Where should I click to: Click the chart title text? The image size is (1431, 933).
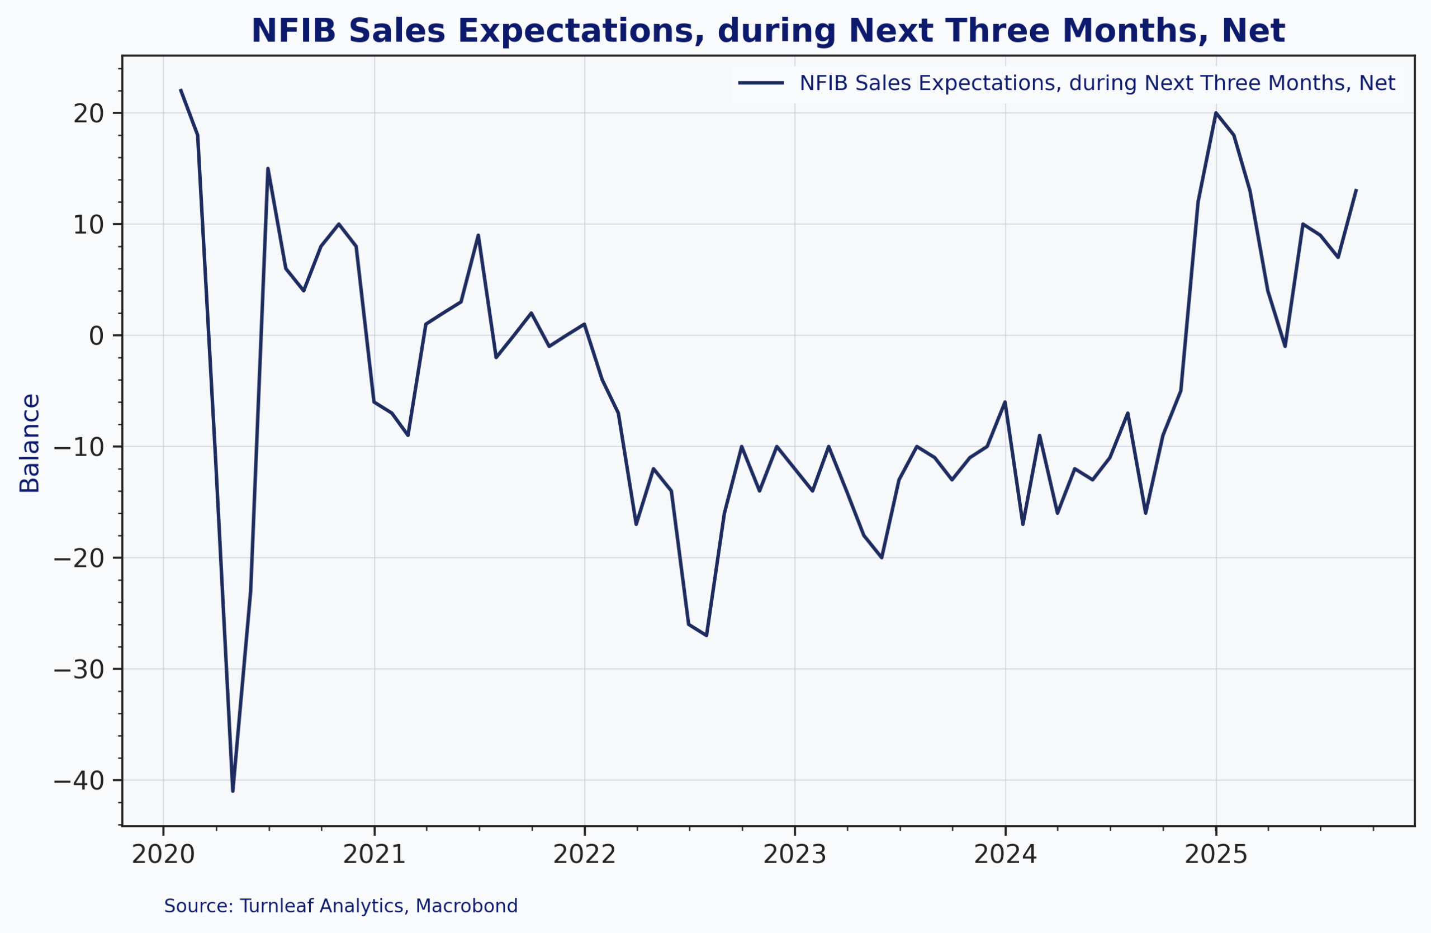(768, 31)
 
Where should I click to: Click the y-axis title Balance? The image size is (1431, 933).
(30, 443)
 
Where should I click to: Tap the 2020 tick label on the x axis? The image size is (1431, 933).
(163, 855)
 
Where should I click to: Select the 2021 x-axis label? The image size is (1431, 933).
(374, 855)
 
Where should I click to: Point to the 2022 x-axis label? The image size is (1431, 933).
(585, 855)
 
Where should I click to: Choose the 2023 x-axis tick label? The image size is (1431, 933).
(795, 855)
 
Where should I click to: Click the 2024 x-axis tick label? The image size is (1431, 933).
(1005, 855)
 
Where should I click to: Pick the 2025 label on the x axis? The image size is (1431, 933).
(1216, 855)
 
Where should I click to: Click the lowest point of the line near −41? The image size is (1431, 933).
(233, 791)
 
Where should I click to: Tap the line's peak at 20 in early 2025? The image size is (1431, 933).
(1216, 113)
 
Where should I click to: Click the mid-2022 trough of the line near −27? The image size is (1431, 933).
(707, 636)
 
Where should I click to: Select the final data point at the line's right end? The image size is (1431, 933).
(1356, 190)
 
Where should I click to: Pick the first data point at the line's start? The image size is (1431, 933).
(181, 90)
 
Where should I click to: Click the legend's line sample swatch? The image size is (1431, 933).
(761, 83)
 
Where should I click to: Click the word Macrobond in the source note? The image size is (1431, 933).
(467, 906)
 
